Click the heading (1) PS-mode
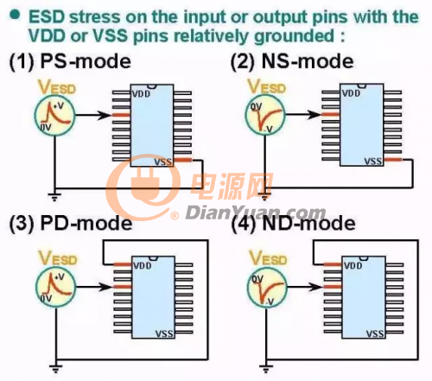[x=70, y=61]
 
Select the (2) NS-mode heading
[x=292, y=61]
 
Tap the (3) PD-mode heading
[x=71, y=223]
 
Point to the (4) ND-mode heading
[x=293, y=223]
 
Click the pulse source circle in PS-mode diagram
[x=54, y=116]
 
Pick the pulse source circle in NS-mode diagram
[x=265, y=115]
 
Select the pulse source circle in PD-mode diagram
[x=56, y=287]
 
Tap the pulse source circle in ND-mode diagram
[x=267, y=287]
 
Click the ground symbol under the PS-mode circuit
[x=54, y=197]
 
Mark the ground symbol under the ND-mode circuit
[x=266, y=369]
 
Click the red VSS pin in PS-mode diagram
[x=183, y=160]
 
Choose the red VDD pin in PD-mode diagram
[x=123, y=264]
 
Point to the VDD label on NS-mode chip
[x=351, y=93]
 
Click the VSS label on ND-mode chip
[x=375, y=333]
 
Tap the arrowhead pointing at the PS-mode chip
[x=105, y=116]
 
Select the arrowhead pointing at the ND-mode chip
[x=316, y=287]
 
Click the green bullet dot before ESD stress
[x=15, y=15]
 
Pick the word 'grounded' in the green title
[x=294, y=36]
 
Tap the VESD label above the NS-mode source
[x=266, y=86]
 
